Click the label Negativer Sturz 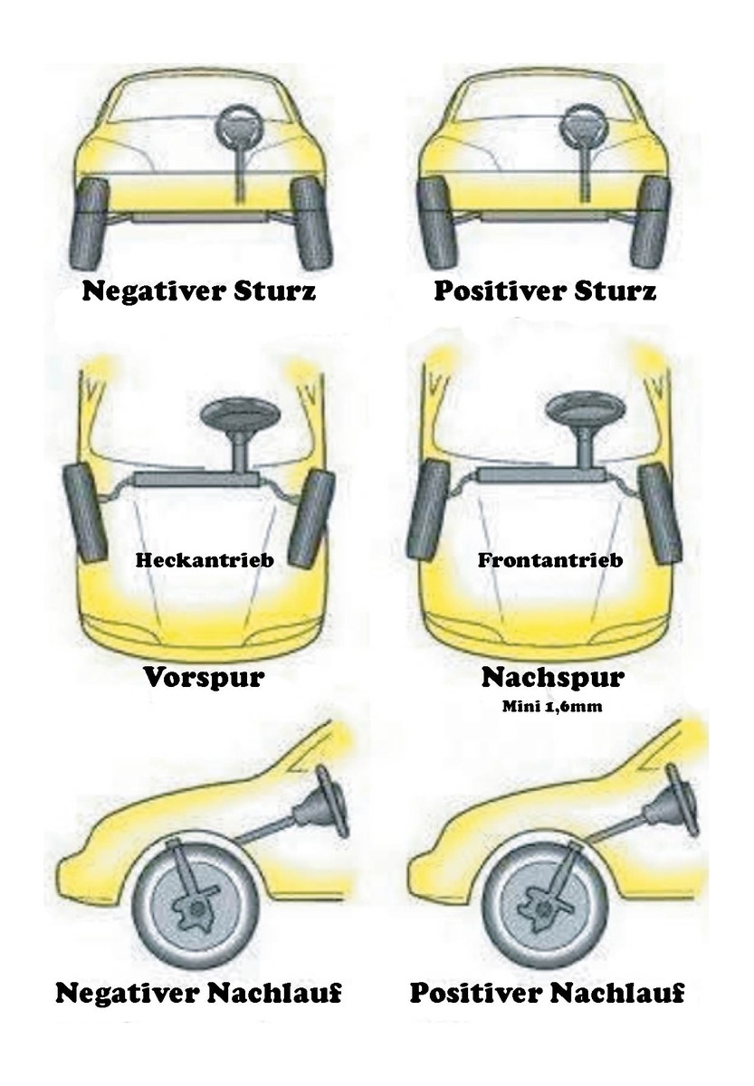[198, 291]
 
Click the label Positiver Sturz [545, 291]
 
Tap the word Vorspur [204, 677]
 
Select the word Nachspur [552, 677]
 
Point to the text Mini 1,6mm [552, 707]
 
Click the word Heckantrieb [205, 560]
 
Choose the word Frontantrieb [550, 560]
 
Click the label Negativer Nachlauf [198, 993]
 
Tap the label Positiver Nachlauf [547, 993]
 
